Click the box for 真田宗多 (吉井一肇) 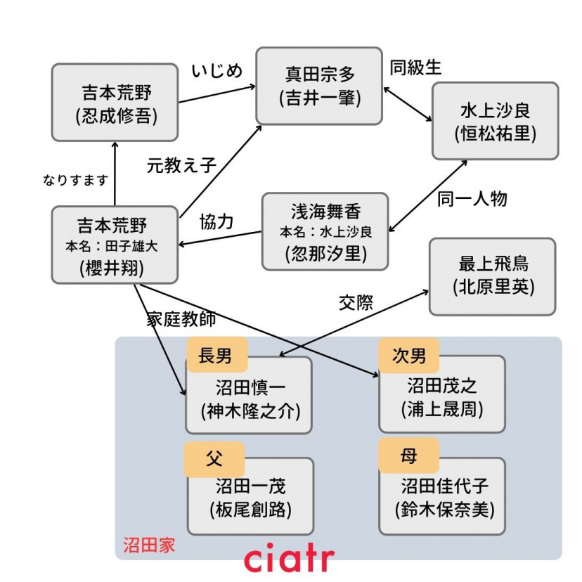[x=319, y=86]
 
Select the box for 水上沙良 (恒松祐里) [x=495, y=121]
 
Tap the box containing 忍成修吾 [x=115, y=103]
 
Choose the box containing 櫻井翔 [x=115, y=245]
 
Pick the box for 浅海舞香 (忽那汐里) [x=325, y=231]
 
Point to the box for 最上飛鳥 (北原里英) [x=492, y=276]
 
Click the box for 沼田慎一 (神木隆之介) [x=249, y=397]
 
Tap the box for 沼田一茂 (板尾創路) [x=250, y=496]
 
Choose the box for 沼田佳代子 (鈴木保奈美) [x=441, y=496]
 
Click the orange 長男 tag [x=216, y=355]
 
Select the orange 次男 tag [x=408, y=355]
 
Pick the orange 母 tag [x=408, y=456]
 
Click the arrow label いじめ [x=216, y=71]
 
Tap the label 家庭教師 [x=181, y=318]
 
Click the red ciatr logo [x=288, y=560]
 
